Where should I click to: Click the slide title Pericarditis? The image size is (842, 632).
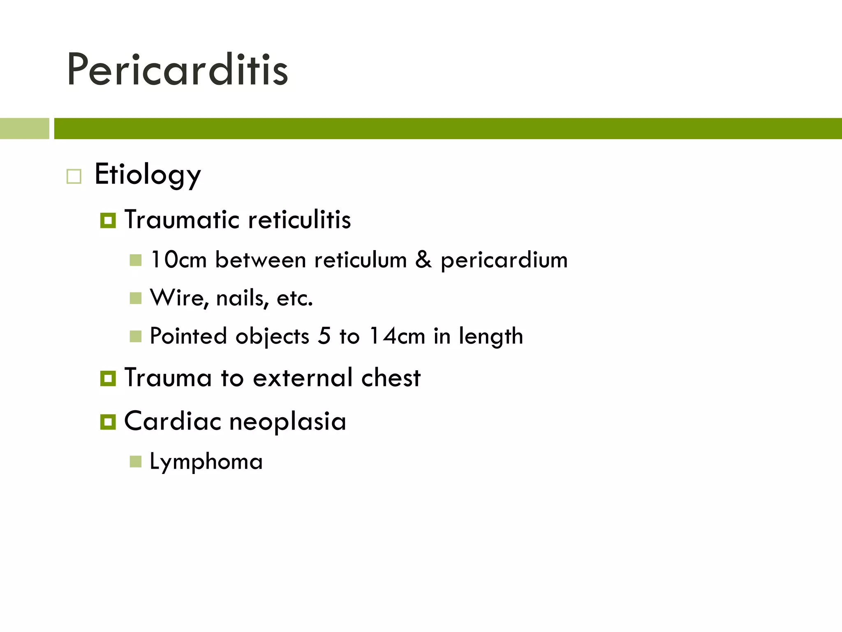178,70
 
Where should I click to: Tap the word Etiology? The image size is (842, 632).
148,175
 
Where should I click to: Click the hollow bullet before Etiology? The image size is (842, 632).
74,177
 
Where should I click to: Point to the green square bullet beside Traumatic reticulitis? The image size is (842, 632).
108,221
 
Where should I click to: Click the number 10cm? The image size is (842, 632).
178,260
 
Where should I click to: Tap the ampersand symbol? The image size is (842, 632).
423,260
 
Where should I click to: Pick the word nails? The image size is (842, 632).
242,298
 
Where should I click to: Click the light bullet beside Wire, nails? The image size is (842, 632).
135,298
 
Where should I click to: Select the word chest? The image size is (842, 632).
391,377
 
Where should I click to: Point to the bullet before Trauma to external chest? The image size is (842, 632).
108,378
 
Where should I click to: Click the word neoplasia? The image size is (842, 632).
287,421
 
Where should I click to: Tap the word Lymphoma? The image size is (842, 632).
206,462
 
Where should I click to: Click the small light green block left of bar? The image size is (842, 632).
24,128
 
